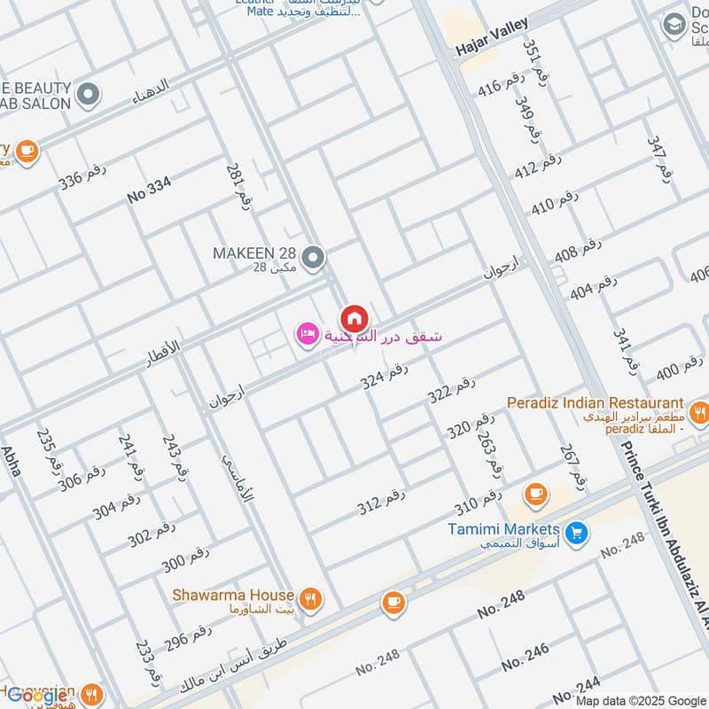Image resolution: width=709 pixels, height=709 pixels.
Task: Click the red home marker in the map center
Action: [x=354, y=317]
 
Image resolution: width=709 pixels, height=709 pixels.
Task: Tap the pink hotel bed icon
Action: [x=307, y=334]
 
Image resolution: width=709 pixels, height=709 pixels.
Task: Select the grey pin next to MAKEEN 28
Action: [x=312, y=258]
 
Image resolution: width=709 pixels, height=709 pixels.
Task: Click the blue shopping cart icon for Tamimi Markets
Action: [x=577, y=532]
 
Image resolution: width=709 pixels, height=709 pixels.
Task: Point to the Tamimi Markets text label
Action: [x=503, y=528]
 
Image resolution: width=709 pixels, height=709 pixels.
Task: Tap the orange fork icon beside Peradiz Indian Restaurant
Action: [x=699, y=411]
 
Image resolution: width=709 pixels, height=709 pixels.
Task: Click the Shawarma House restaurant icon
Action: [x=309, y=597]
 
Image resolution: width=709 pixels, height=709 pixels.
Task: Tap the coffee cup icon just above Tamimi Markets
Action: [x=534, y=494]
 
